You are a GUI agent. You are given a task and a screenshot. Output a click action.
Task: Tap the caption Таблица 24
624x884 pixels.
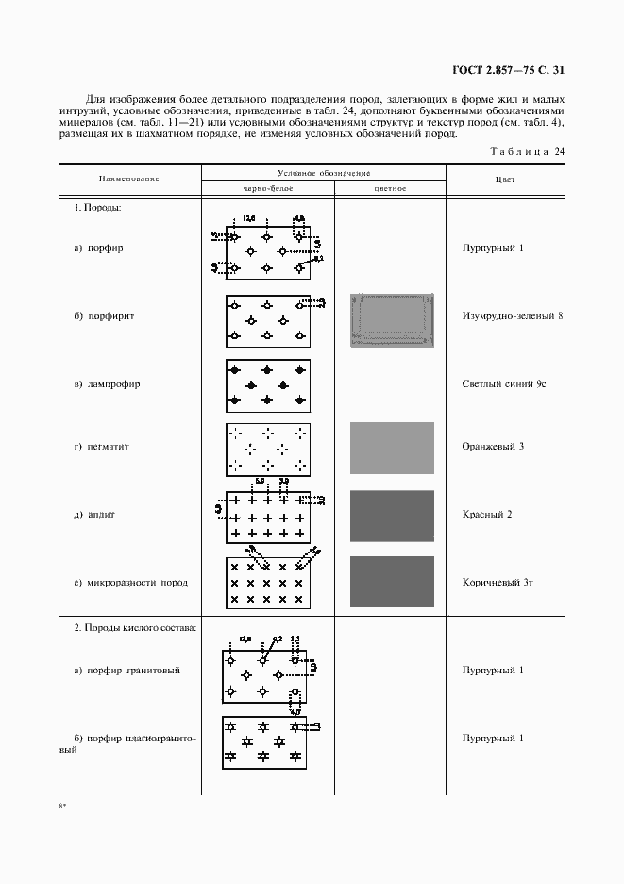[528, 152]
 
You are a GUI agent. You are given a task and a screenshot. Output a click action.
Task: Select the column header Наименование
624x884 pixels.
[128, 178]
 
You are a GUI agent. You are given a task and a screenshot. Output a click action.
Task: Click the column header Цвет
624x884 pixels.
[504, 178]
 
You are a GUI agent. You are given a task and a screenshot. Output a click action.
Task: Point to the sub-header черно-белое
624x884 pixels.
[268, 188]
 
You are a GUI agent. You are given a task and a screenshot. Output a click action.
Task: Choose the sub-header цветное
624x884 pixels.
[390, 188]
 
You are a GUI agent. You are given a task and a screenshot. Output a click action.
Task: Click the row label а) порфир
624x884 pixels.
[99, 248]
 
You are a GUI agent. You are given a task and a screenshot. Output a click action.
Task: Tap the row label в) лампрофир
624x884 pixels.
[108, 385]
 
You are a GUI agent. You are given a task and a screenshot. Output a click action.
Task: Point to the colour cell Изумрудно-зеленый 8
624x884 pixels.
[512, 316]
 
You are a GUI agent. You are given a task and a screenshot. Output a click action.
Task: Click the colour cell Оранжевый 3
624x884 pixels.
[493, 446]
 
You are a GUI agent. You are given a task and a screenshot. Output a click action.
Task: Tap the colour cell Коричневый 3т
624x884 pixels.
[497, 582]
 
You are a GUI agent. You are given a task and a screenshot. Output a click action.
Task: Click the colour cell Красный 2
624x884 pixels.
[487, 514]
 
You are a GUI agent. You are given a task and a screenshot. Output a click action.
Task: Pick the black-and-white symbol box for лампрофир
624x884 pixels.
[268, 385]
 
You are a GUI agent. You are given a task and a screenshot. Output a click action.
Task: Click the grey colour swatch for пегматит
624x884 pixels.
[392, 448]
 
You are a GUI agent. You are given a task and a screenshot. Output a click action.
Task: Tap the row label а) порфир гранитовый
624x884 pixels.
[126, 671]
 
